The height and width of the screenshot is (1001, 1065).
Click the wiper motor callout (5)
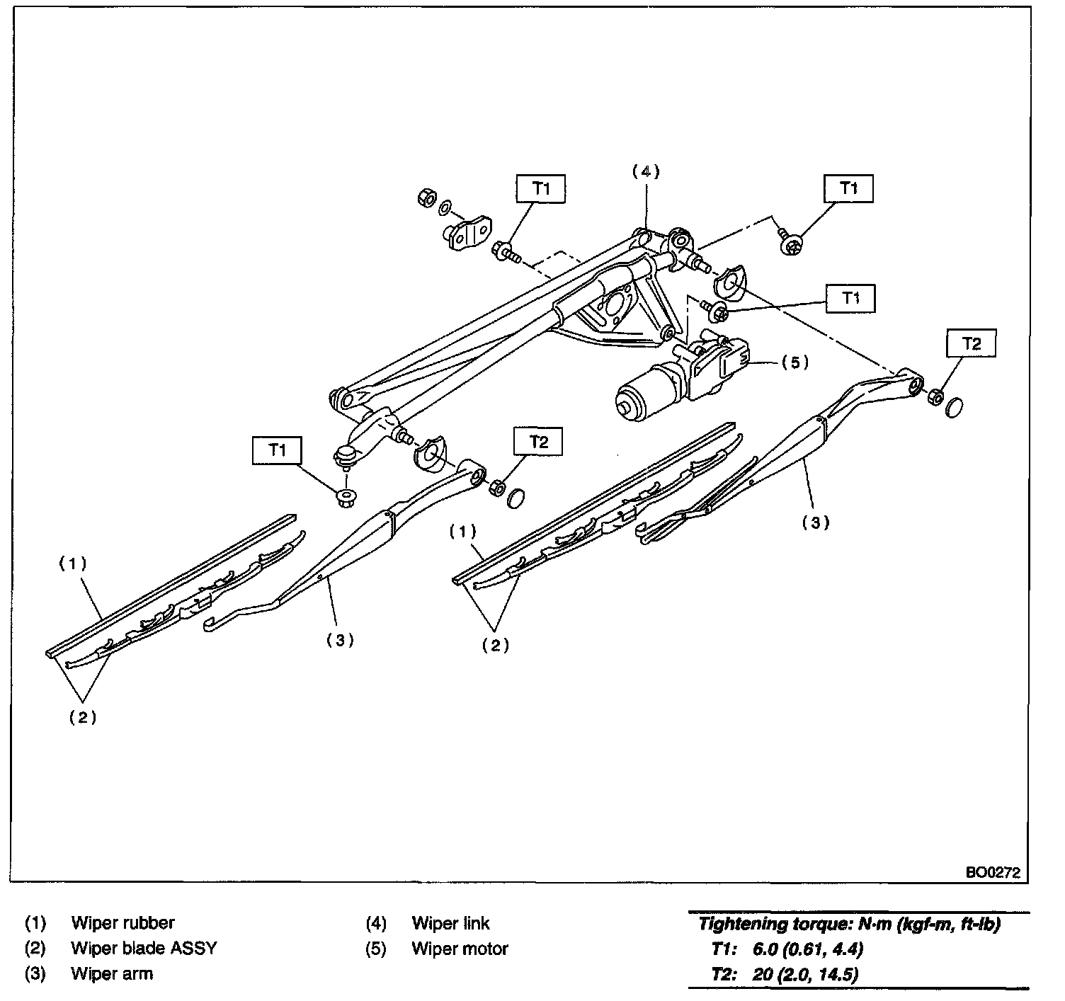(x=795, y=362)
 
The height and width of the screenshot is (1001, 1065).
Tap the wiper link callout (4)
(x=645, y=171)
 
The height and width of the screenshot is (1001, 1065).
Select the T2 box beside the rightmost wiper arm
(x=972, y=344)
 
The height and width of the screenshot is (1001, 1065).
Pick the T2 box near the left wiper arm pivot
(x=539, y=442)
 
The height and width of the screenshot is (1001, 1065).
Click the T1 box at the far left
(x=278, y=450)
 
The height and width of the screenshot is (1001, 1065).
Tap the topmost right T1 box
(x=848, y=188)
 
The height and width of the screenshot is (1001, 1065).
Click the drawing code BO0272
(x=993, y=873)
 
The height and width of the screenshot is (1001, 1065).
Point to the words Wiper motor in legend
(x=460, y=949)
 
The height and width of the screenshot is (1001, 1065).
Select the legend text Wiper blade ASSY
(x=144, y=949)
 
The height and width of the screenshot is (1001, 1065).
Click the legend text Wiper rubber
(x=123, y=923)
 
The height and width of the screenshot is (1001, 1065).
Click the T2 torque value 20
(x=764, y=974)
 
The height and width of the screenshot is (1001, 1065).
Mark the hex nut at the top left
(x=427, y=198)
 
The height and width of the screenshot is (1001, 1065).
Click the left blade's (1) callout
(x=72, y=564)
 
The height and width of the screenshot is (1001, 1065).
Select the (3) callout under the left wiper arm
(x=340, y=640)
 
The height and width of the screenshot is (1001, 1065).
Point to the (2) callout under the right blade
(x=495, y=645)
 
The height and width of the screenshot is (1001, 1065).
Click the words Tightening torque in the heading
(x=758, y=923)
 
